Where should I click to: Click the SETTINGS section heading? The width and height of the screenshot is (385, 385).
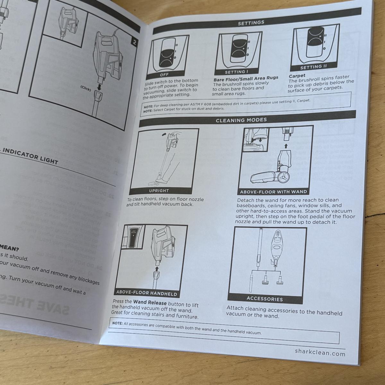point(251,23)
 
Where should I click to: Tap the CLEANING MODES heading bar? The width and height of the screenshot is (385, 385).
point(241,120)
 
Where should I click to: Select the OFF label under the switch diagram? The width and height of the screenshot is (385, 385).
point(164,75)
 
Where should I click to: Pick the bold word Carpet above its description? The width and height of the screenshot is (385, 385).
point(297,76)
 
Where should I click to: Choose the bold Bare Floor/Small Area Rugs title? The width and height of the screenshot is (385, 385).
point(246,78)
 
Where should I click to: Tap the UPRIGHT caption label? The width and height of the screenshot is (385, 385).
point(159,190)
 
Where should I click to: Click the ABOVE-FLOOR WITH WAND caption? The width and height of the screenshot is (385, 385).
point(273,192)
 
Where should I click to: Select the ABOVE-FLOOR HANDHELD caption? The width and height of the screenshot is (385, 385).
point(146,293)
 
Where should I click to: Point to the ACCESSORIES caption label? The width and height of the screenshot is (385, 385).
point(265,299)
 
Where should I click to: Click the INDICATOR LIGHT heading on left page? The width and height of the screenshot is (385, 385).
point(30,157)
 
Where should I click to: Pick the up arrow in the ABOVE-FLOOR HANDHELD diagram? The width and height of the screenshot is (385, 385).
point(157,269)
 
